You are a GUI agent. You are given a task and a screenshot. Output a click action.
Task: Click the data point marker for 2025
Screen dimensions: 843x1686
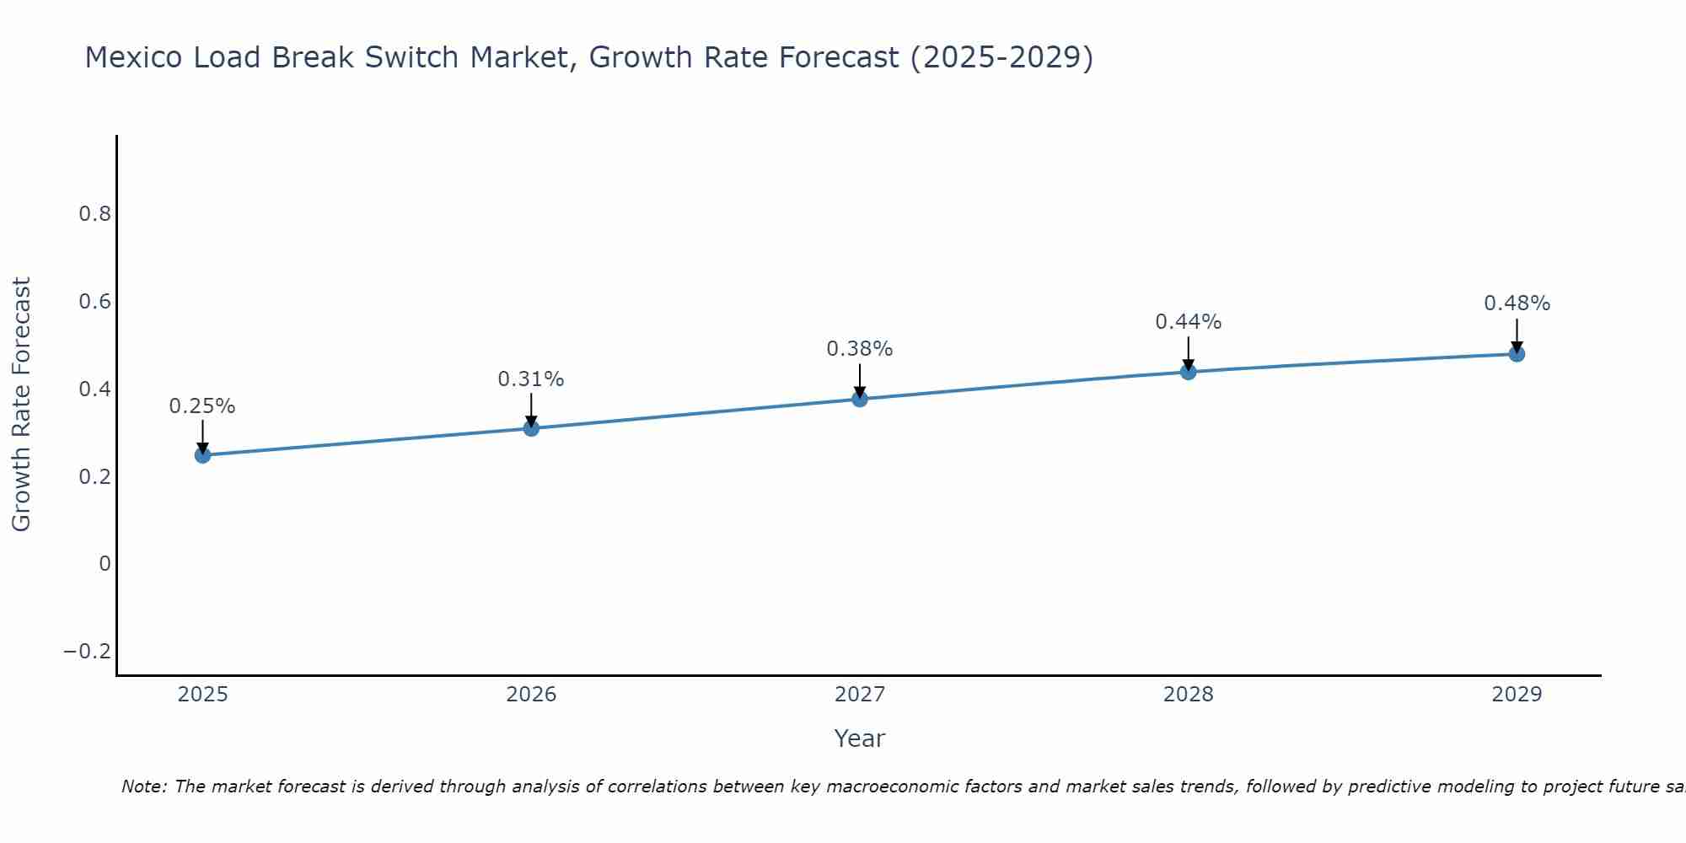(x=202, y=455)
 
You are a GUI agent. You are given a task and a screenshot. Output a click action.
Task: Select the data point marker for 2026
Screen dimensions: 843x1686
(x=531, y=428)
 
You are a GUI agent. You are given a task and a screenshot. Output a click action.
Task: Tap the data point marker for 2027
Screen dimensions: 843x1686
(x=860, y=399)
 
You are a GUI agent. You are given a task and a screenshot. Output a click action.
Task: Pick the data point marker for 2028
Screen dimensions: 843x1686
(x=1189, y=372)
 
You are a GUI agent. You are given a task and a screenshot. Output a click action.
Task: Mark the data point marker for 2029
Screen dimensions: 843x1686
(x=1517, y=354)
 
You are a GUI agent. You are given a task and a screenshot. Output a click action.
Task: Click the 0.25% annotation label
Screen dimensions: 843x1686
(x=202, y=406)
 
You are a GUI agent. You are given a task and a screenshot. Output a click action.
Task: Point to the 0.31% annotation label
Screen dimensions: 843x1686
(x=531, y=379)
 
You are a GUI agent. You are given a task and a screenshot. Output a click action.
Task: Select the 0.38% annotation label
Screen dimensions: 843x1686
(x=860, y=349)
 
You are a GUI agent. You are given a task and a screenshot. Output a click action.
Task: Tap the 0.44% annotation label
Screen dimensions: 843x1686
(x=1189, y=322)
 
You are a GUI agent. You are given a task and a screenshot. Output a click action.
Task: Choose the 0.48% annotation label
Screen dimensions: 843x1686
(x=1517, y=303)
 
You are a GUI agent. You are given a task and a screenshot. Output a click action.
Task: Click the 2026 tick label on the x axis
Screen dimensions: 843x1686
(x=531, y=695)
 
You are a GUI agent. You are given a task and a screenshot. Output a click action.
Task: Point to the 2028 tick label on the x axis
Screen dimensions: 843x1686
(x=1189, y=695)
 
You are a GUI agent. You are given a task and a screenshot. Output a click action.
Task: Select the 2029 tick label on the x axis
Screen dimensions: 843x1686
(x=1517, y=695)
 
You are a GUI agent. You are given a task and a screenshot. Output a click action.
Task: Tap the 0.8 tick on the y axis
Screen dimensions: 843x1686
(x=94, y=214)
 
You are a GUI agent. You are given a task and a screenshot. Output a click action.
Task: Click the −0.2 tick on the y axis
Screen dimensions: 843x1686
(x=87, y=652)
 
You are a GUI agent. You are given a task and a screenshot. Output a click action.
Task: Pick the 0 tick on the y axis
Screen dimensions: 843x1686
(x=105, y=564)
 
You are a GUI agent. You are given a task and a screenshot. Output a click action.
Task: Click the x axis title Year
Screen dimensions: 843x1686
(x=859, y=738)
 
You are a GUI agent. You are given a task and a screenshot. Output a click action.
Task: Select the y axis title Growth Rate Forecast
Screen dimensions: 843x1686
(x=21, y=404)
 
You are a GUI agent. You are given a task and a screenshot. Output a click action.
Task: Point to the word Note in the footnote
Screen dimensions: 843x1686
(x=144, y=787)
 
